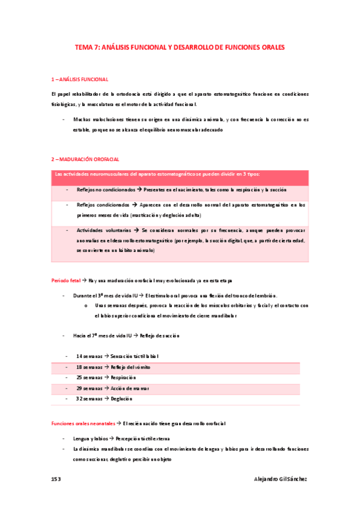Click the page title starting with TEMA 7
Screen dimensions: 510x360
point(180,46)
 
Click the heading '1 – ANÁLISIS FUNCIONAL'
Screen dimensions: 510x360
point(80,79)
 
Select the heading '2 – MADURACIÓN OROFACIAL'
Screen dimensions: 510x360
point(85,159)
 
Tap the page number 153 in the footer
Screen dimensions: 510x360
point(56,479)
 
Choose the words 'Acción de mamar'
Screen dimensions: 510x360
point(129,388)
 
